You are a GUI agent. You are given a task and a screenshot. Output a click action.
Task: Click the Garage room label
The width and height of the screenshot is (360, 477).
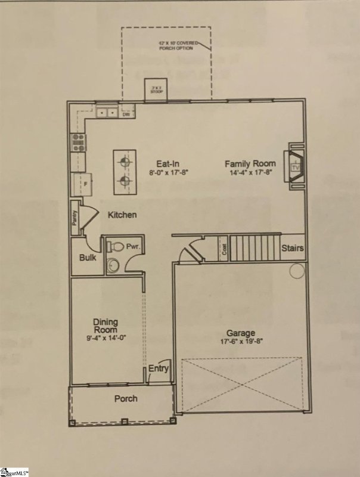(240, 333)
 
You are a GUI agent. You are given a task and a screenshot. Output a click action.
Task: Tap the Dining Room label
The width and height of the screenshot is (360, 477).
(105, 326)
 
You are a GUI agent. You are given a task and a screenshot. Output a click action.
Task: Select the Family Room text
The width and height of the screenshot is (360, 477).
(250, 163)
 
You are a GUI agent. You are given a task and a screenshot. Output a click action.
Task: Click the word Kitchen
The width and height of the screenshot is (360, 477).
(122, 215)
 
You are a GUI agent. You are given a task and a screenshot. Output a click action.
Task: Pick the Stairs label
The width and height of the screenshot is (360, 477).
(293, 248)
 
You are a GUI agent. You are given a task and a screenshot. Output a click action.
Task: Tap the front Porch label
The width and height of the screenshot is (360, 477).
(126, 398)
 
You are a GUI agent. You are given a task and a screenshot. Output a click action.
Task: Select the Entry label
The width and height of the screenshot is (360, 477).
(159, 368)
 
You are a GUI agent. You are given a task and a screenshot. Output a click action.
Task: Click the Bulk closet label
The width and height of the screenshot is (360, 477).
(88, 258)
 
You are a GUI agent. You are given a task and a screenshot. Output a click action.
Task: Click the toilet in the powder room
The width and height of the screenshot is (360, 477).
(117, 246)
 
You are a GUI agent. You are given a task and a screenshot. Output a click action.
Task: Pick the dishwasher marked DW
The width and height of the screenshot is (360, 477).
(126, 114)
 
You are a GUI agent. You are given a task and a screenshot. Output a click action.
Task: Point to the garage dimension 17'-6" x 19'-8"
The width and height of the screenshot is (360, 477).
(240, 342)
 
